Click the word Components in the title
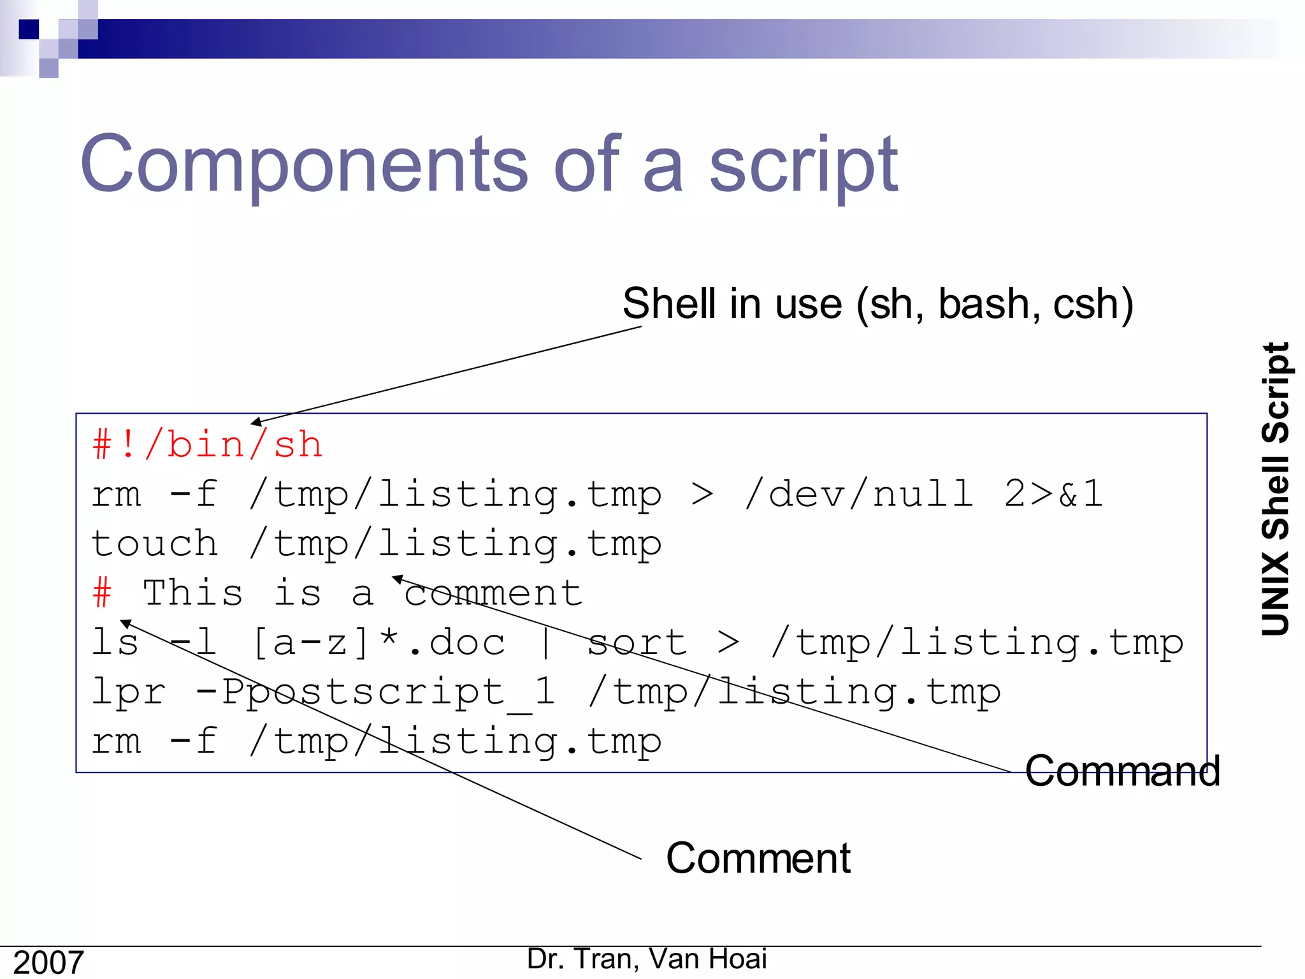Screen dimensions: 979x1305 coord(303,164)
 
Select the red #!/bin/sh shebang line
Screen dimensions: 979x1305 coord(207,444)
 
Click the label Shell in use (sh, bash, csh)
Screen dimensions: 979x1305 coord(877,303)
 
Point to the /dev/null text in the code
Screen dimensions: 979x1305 coord(859,493)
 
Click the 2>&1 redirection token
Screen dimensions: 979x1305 coord(1053,493)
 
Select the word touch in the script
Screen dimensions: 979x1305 coord(155,543)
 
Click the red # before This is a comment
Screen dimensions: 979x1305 coord(102,592)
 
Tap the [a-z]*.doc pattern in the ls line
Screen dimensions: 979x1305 coord(379,642)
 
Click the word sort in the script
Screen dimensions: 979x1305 coord(637,642)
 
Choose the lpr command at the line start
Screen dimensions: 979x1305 coord(128,692)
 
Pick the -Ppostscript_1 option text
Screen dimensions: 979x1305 coord(376,692)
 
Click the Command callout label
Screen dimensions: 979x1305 coord(1122,771)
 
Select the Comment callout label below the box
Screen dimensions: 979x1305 coord(758,858)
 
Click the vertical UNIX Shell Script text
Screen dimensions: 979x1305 coord(1276,489)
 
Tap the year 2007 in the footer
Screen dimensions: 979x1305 coord(48,962)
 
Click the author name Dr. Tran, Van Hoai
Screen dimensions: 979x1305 coord(647,959)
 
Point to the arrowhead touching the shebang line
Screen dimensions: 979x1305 coord(256,422)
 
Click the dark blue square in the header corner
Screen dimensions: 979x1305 coord(29,29)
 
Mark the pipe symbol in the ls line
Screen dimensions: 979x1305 coord(545,642)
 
